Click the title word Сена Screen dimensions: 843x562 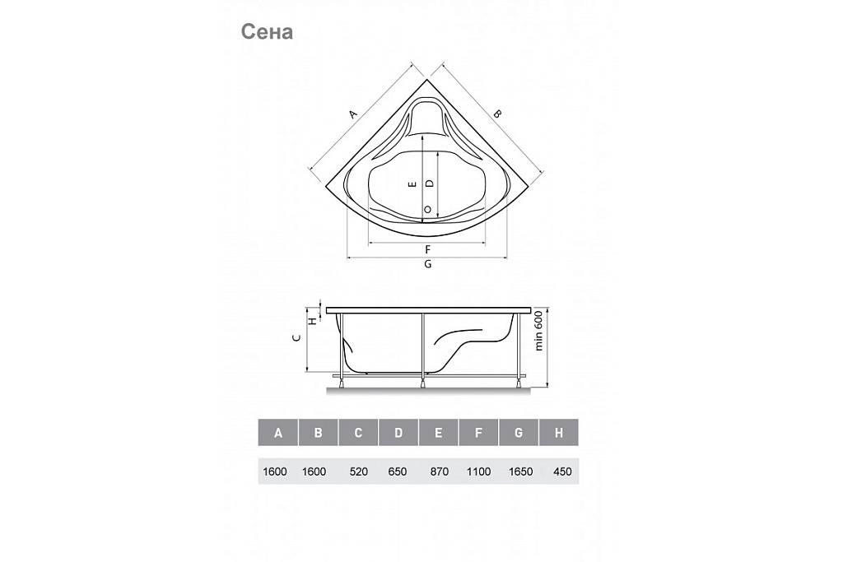(267, 32)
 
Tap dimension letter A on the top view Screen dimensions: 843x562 (352, 114)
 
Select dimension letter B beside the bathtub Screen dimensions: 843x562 (498, 114)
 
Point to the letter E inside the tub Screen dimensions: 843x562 (413, 184)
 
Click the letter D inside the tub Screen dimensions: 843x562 (429, 183)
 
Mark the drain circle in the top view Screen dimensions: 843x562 (428, 210)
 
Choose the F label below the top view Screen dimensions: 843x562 (428, 250)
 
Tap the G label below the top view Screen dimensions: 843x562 (428, 264)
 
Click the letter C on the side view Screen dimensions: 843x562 (296, 338)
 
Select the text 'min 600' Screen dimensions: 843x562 (538, 332)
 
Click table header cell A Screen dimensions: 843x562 (278, 433)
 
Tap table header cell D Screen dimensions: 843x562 (398, 433)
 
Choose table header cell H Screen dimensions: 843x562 (559, 433)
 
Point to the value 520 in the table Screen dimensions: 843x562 (359, 471)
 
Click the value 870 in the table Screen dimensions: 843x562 (440, 471)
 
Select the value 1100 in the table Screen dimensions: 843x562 (478, 471)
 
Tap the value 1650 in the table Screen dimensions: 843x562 (520, 471)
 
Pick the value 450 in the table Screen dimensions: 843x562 (562, 471)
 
